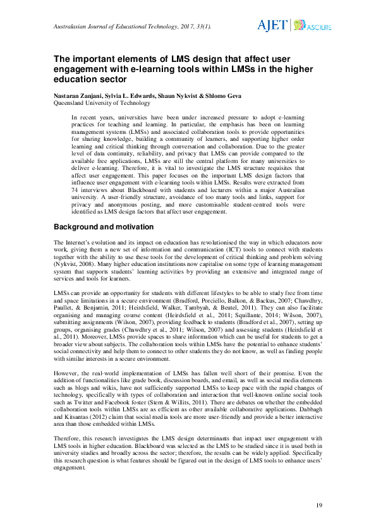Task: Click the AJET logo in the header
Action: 272,25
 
